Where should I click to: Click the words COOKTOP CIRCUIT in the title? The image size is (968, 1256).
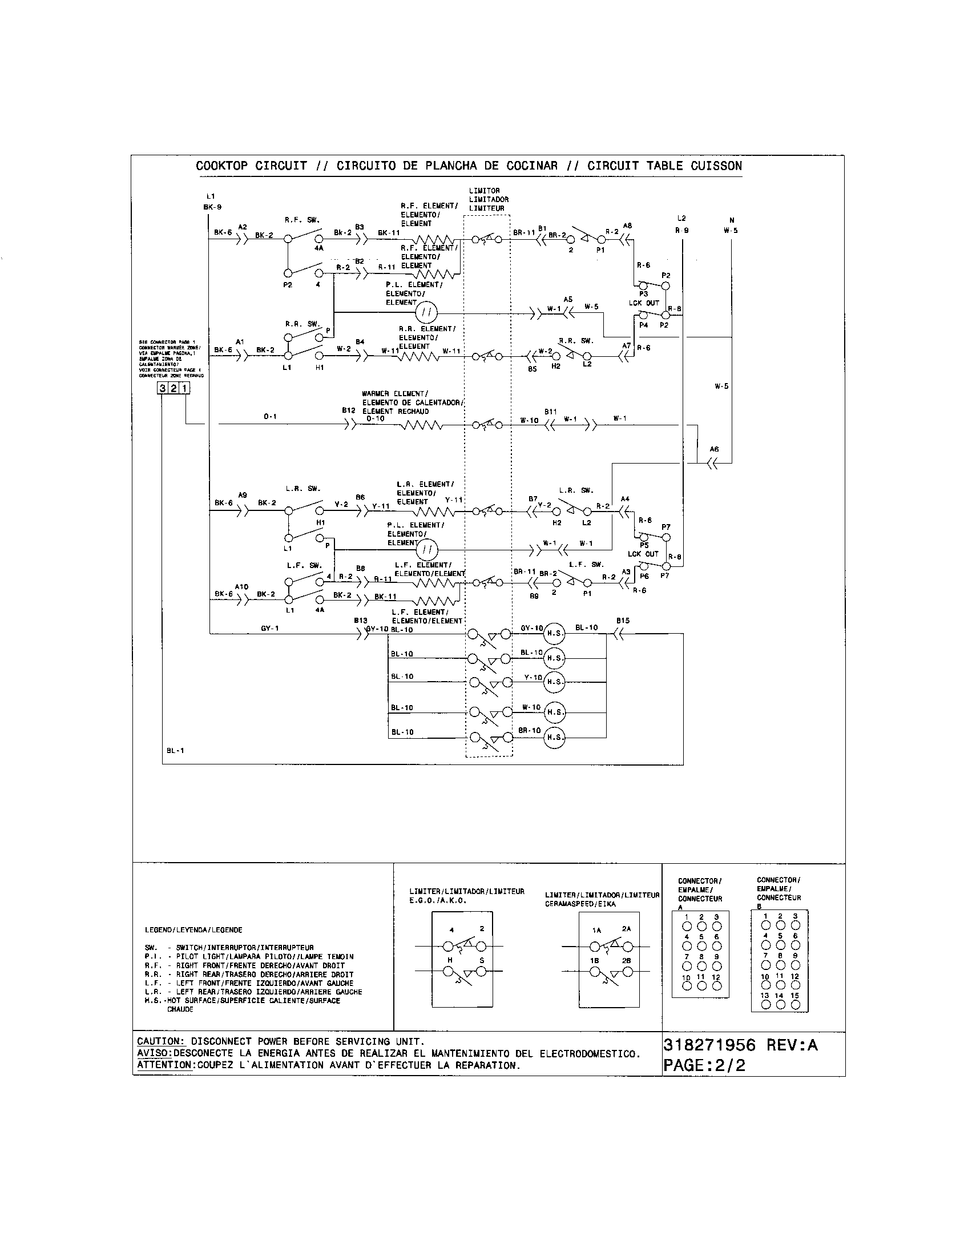(251, 166)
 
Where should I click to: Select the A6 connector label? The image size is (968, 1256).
(714, 449)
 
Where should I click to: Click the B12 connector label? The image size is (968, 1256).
(348, 410)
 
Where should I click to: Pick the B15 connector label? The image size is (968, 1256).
(623, 621)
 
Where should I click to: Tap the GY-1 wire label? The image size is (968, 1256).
(269, 629)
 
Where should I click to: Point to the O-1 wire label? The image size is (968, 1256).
(270, 416)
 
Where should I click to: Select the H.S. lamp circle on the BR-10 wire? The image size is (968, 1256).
(554, 737)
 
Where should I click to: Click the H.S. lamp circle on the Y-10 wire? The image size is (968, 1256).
(554, 682)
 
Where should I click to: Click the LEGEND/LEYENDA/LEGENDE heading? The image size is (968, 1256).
(193, 930)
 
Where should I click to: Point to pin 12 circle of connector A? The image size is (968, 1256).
(716, 986)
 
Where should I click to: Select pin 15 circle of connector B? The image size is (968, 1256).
(795, 1005)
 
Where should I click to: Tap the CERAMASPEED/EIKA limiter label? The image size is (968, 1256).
(580, 904)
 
